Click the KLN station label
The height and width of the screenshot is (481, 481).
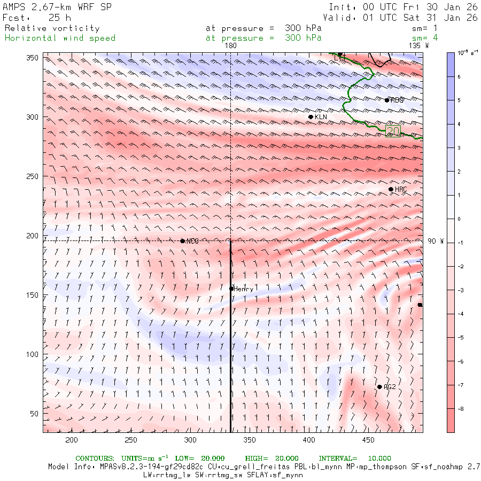point(321,117)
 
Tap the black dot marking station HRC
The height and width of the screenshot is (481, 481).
point(391,189)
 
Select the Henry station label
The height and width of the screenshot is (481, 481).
point(243,289)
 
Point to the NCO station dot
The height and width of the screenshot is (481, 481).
point(183,241)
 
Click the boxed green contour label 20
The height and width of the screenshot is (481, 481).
point(393,131)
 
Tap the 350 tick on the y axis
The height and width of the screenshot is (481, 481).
point(34,58)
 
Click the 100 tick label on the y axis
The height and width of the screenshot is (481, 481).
point(34,354)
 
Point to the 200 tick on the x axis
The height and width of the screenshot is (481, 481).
point(72,439)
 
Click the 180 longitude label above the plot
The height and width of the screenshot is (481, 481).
point(230,46)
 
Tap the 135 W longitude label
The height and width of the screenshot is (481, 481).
point(418,46)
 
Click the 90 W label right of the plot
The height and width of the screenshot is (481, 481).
point(436,241)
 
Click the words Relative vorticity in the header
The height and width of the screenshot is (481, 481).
point(52,28)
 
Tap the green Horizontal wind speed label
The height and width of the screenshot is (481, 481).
point(60,38)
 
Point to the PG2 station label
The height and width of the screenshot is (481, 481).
point(390,387)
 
